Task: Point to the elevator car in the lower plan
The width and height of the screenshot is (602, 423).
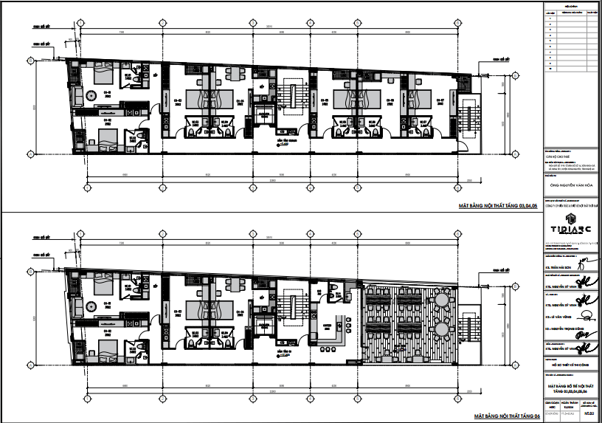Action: (x=263, y=325)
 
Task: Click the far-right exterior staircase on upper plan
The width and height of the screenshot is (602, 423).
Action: (x=466, y=118)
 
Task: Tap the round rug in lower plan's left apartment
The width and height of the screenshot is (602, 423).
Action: (x=91, y=306)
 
